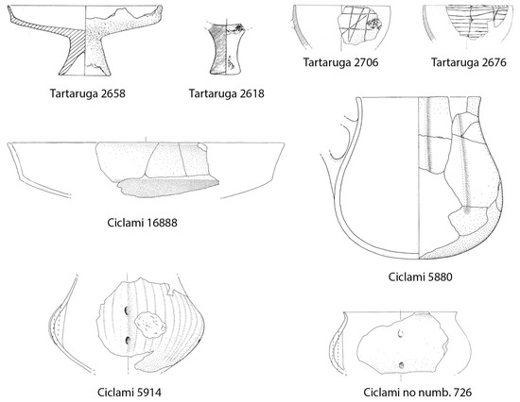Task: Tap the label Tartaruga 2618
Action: coord(225,93)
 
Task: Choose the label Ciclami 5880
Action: coord(420,278)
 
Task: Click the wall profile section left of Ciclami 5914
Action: coord(60,326)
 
